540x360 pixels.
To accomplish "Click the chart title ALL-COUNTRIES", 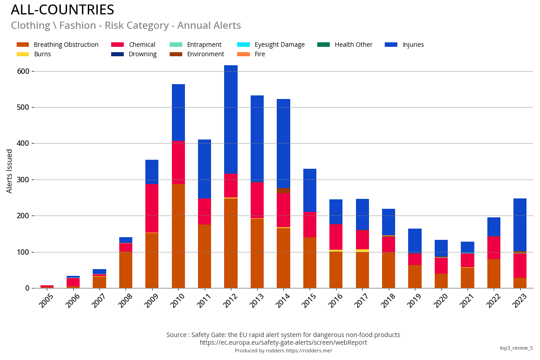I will (63, 10).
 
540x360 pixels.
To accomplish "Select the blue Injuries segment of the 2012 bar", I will (231, 119).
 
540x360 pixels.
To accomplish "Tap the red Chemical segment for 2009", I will (152, 208).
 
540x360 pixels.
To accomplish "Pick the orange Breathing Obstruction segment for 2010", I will (178, 236).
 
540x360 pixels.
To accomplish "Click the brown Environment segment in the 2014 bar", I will (283, 190).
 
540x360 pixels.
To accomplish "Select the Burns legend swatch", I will (22, 54).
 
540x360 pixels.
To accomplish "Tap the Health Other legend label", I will (353, 45).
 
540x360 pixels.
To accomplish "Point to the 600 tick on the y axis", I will (23, 71).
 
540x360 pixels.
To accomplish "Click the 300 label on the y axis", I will (23, 180).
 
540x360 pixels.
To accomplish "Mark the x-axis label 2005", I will (47, 301).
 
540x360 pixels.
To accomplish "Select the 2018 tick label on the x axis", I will (388, 301).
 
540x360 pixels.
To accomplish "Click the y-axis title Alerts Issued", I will (9, 171).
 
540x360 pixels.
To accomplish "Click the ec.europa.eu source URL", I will (283, 342).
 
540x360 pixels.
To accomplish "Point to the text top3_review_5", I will (516, 348).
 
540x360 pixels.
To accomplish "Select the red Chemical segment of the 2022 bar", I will (494, 247).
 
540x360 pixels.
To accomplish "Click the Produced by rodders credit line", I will (283, 351).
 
